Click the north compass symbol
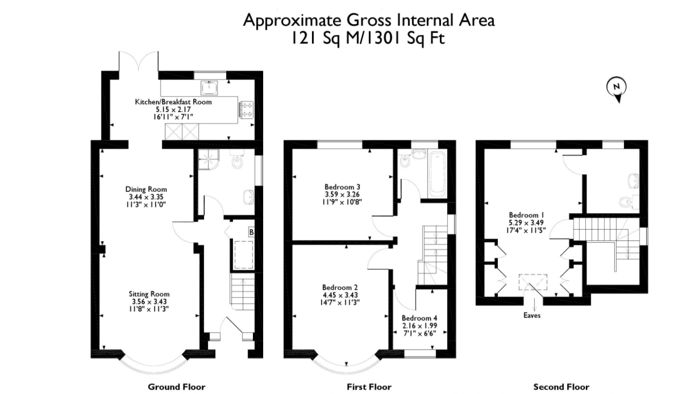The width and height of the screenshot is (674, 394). tap(617, 89)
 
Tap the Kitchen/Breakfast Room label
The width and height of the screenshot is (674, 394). tap(173, 102)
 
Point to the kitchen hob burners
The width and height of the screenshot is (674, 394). tap(247, 110)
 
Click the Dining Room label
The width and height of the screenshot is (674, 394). tap(146, 189)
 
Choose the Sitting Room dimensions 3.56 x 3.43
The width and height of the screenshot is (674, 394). tap(149, 301)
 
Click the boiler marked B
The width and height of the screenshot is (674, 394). tap(251, 232)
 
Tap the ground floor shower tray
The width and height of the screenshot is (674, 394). tap(208, 159)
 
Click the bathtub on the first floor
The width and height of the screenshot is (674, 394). tap(437, 174)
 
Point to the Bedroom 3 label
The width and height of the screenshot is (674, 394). tap(343, 187)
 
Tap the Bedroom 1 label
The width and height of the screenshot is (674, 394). tap(526, 215)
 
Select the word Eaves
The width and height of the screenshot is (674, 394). tap(532, 316)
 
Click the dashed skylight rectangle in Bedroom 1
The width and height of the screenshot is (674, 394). tap(533, 282)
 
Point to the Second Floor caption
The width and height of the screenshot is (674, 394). tap(561, 387)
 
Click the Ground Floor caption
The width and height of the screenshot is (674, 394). tap(177, 387)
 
